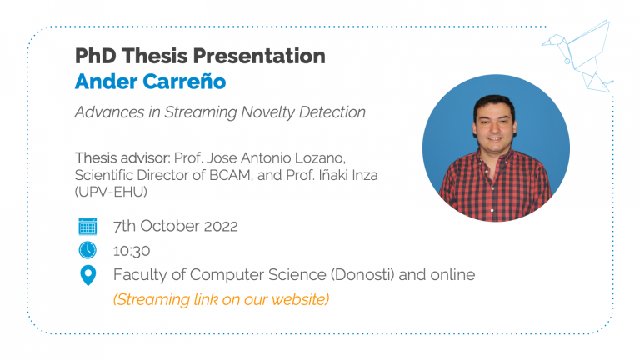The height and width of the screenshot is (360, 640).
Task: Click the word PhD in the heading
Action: point(96,56)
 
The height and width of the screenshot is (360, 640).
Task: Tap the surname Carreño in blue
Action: point(183,81)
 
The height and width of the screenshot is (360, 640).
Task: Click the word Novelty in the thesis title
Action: point(267,112)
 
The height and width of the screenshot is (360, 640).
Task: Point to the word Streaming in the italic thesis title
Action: point(200,112)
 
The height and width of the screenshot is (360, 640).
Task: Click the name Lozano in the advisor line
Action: point(320,158)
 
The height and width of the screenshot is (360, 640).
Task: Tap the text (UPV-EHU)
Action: point(111,192)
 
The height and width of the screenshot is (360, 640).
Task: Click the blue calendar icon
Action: point(87,226)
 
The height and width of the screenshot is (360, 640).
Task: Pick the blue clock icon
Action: point(87,250)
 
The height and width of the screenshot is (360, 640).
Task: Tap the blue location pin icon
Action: point(87,275)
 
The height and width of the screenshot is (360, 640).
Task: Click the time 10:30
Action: point(132,251)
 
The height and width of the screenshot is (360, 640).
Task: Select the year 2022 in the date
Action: point(221,226)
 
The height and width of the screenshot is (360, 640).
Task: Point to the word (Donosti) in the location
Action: point(362,275)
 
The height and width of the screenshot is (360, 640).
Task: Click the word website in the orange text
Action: point(300,299)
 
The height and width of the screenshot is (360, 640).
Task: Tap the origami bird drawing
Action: point(578,56)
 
